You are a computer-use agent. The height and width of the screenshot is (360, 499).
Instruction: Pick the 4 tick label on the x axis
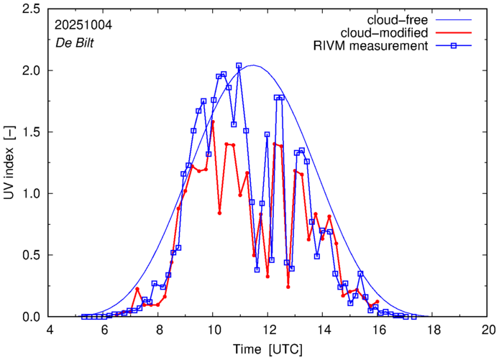tap(50, 330)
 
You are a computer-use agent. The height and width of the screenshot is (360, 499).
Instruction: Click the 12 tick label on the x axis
tap(268, 330)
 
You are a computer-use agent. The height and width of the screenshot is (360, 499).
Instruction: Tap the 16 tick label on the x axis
tap(378, 330)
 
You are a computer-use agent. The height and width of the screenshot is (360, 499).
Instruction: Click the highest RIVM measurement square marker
tap(239, 65)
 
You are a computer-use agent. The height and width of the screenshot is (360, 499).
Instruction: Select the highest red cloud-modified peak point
tap(213, 121)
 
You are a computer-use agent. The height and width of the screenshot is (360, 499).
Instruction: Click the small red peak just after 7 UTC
tap(137, 289)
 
